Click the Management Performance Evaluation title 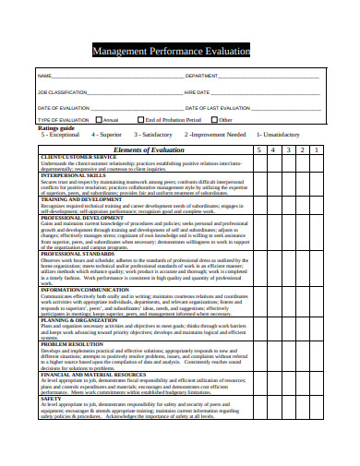171,52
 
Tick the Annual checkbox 99,120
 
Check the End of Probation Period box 140,120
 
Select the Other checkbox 214,120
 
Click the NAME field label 43,76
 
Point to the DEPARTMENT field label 202,76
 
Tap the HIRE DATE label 197,93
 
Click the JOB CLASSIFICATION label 62,93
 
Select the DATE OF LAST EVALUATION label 217,108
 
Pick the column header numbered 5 259,149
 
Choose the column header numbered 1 316,149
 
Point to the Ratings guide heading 56,127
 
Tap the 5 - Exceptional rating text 60,135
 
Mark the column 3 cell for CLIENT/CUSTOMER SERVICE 287,163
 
